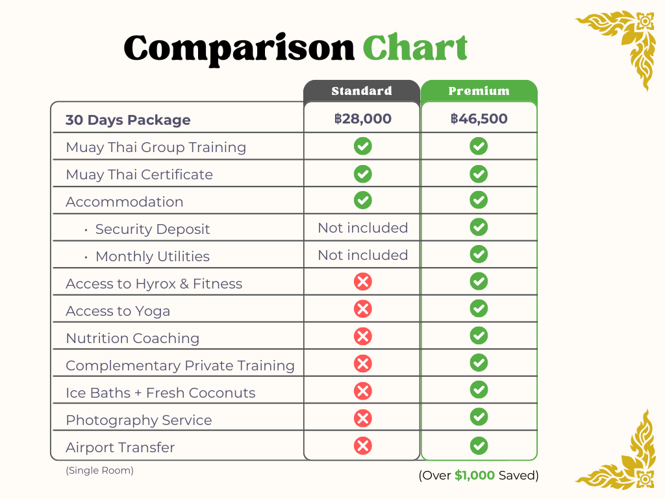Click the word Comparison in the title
point(239,49)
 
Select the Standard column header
point(362,91)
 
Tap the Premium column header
point(479,91)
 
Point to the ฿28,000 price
point(362,119)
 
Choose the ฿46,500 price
point(479,119)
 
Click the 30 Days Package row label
point(128,120)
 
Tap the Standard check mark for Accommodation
point(363,200)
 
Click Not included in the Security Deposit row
point(362,228)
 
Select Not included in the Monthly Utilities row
point(362,255)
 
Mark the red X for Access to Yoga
point(363,309)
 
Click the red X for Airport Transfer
point(363,446)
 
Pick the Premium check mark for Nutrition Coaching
point(479,337)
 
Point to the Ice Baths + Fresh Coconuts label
point(160,393)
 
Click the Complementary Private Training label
point(180,366)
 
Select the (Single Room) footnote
point(99,470)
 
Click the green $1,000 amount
point(475,476)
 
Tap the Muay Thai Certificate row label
point(139,175)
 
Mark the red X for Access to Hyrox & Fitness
point(363,282)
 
